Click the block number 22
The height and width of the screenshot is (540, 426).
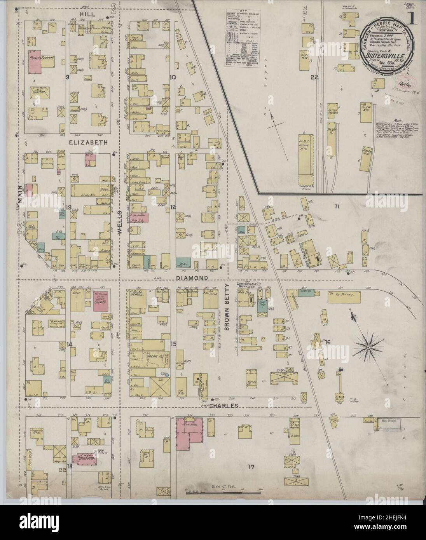tap(314, 77)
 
